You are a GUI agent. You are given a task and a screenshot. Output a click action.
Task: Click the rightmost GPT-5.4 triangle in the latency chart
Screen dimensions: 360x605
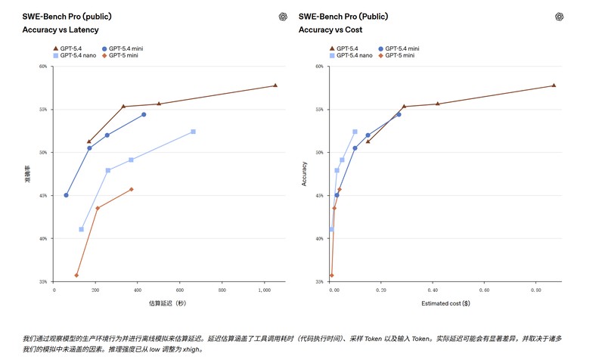coord(275,85)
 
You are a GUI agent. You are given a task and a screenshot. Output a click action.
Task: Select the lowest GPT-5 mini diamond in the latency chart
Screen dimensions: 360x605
coord(76,275)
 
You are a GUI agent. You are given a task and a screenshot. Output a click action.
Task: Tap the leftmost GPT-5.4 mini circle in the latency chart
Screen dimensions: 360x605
coord(66,195)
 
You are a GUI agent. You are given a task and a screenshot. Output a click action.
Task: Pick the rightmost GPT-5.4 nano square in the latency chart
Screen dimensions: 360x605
coord(194,132)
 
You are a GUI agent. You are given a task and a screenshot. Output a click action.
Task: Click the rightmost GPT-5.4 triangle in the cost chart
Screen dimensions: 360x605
coord(554,85)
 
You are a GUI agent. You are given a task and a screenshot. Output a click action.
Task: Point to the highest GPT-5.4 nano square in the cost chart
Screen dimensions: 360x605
coord(355,132)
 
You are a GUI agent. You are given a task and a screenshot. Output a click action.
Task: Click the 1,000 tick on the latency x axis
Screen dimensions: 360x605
coord(263,290)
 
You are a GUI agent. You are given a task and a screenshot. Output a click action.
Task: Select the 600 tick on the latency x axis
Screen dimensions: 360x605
coord(179,290)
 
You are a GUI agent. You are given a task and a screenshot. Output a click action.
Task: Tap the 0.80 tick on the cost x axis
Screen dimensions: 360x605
coord(535,290)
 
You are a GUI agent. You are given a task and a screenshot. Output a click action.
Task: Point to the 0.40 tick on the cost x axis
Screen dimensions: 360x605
coord(434,290)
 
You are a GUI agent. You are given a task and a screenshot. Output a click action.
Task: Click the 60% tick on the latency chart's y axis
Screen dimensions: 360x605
coord(43,67)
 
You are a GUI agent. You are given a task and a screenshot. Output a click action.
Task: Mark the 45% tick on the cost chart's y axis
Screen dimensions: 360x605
coord(320,196)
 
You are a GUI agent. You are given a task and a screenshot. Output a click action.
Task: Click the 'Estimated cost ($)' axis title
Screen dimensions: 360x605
coord(445,303)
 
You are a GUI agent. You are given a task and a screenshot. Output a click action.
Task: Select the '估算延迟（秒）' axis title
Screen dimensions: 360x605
coord(167,303)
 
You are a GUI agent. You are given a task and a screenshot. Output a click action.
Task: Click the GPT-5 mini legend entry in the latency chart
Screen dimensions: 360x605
coord(121,55)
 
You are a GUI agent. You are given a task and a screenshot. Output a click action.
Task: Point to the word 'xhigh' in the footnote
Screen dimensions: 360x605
coord(192,350)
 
